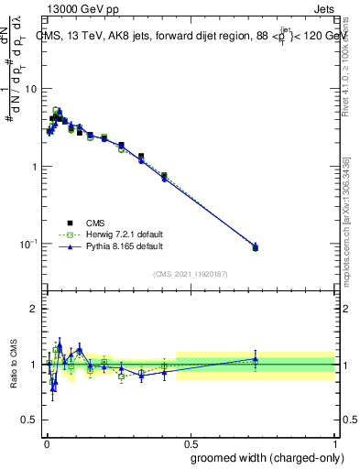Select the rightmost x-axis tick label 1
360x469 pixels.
(335, 442)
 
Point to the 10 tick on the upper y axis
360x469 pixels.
(30, 89)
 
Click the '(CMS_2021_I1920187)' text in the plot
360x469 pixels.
(190, 274)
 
